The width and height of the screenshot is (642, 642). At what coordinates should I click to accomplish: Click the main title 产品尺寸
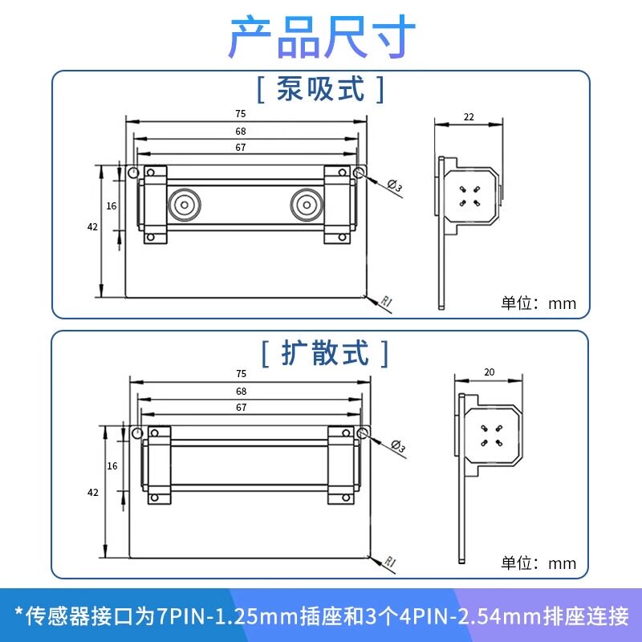pos(323,36)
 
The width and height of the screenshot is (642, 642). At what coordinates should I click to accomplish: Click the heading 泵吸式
pos(320,89)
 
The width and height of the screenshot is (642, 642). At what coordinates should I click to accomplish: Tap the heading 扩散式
pos(325,353)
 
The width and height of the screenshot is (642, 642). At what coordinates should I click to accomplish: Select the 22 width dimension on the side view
pos(469,117)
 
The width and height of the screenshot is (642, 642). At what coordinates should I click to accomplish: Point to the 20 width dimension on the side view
pos(490,372)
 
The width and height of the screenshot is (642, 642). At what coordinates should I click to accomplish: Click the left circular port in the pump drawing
pos(185,205)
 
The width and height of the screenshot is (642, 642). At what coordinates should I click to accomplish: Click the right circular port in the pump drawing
pos(307,205)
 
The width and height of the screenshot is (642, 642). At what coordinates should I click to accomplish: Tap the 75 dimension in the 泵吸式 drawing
pos(241,114)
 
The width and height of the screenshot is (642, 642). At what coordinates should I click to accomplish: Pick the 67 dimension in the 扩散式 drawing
pos(242,408)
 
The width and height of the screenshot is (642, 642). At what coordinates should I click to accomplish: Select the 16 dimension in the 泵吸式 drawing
pos(112,206)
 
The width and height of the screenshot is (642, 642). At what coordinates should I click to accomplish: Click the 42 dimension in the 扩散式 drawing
pos(93,493)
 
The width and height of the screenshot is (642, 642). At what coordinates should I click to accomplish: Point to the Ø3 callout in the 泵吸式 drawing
pos(395,186)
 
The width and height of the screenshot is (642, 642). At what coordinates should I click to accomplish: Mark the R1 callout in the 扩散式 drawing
pos(390,561)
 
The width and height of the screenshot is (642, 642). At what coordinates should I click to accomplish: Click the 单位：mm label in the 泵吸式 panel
pos(538,303)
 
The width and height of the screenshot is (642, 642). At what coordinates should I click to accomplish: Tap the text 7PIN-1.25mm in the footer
pos(228,616)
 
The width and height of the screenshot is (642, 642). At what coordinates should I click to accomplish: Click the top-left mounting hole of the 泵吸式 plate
pos(133,173)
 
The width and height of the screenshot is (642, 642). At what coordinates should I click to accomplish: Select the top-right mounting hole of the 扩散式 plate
pos(363,433)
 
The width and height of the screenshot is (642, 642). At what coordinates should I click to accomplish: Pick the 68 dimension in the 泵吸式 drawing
pos(241,132)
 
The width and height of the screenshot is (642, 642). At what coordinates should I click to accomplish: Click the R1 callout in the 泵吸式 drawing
pos(387,302)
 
